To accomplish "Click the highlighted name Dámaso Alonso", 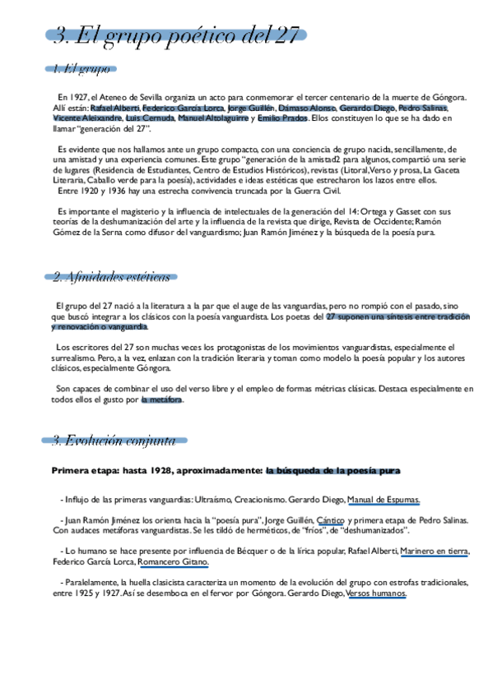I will [x=308, y=108].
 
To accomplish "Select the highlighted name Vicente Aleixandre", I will [x=86, y=118].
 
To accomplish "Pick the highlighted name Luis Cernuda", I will [x=150, y=118].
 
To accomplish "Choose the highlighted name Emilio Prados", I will [x=282, y=118].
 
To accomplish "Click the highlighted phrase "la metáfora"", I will [x=162, y=400].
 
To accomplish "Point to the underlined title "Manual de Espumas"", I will [x=384, y=499].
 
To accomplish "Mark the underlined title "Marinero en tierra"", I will [x=435, y=551].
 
